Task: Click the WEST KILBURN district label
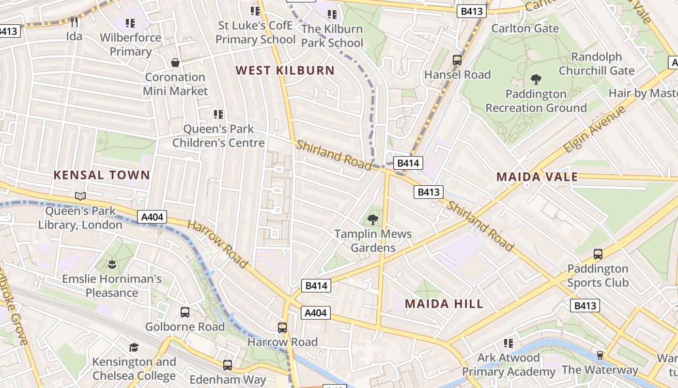[x=285, y=70]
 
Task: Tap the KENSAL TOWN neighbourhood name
[x=101, y=175]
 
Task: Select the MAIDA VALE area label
[x=537, y=177]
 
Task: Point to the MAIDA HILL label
[x=444, y=304]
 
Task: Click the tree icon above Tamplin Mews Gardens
[x=373, y=220]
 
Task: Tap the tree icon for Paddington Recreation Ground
[x=536, y=80]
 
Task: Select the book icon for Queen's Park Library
[x=80, y=196]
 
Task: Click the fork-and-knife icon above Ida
[x=74, y=22]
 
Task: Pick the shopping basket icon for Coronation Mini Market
[x=175, y=63]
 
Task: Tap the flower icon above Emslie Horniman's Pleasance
[x=112, y=265]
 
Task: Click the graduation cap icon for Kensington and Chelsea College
[x=134, y=347]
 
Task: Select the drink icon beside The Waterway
[x=600, y=356]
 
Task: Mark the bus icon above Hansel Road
[x=457, y=60]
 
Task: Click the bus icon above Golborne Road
[x=185, y=312]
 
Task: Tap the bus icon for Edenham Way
[x=228, y=365]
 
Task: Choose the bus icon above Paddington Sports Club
[x=598, y=254]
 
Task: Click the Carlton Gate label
[x=525, y=29]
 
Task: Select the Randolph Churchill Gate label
[x=596, y=64]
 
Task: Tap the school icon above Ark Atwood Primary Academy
[x=508, y=343]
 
